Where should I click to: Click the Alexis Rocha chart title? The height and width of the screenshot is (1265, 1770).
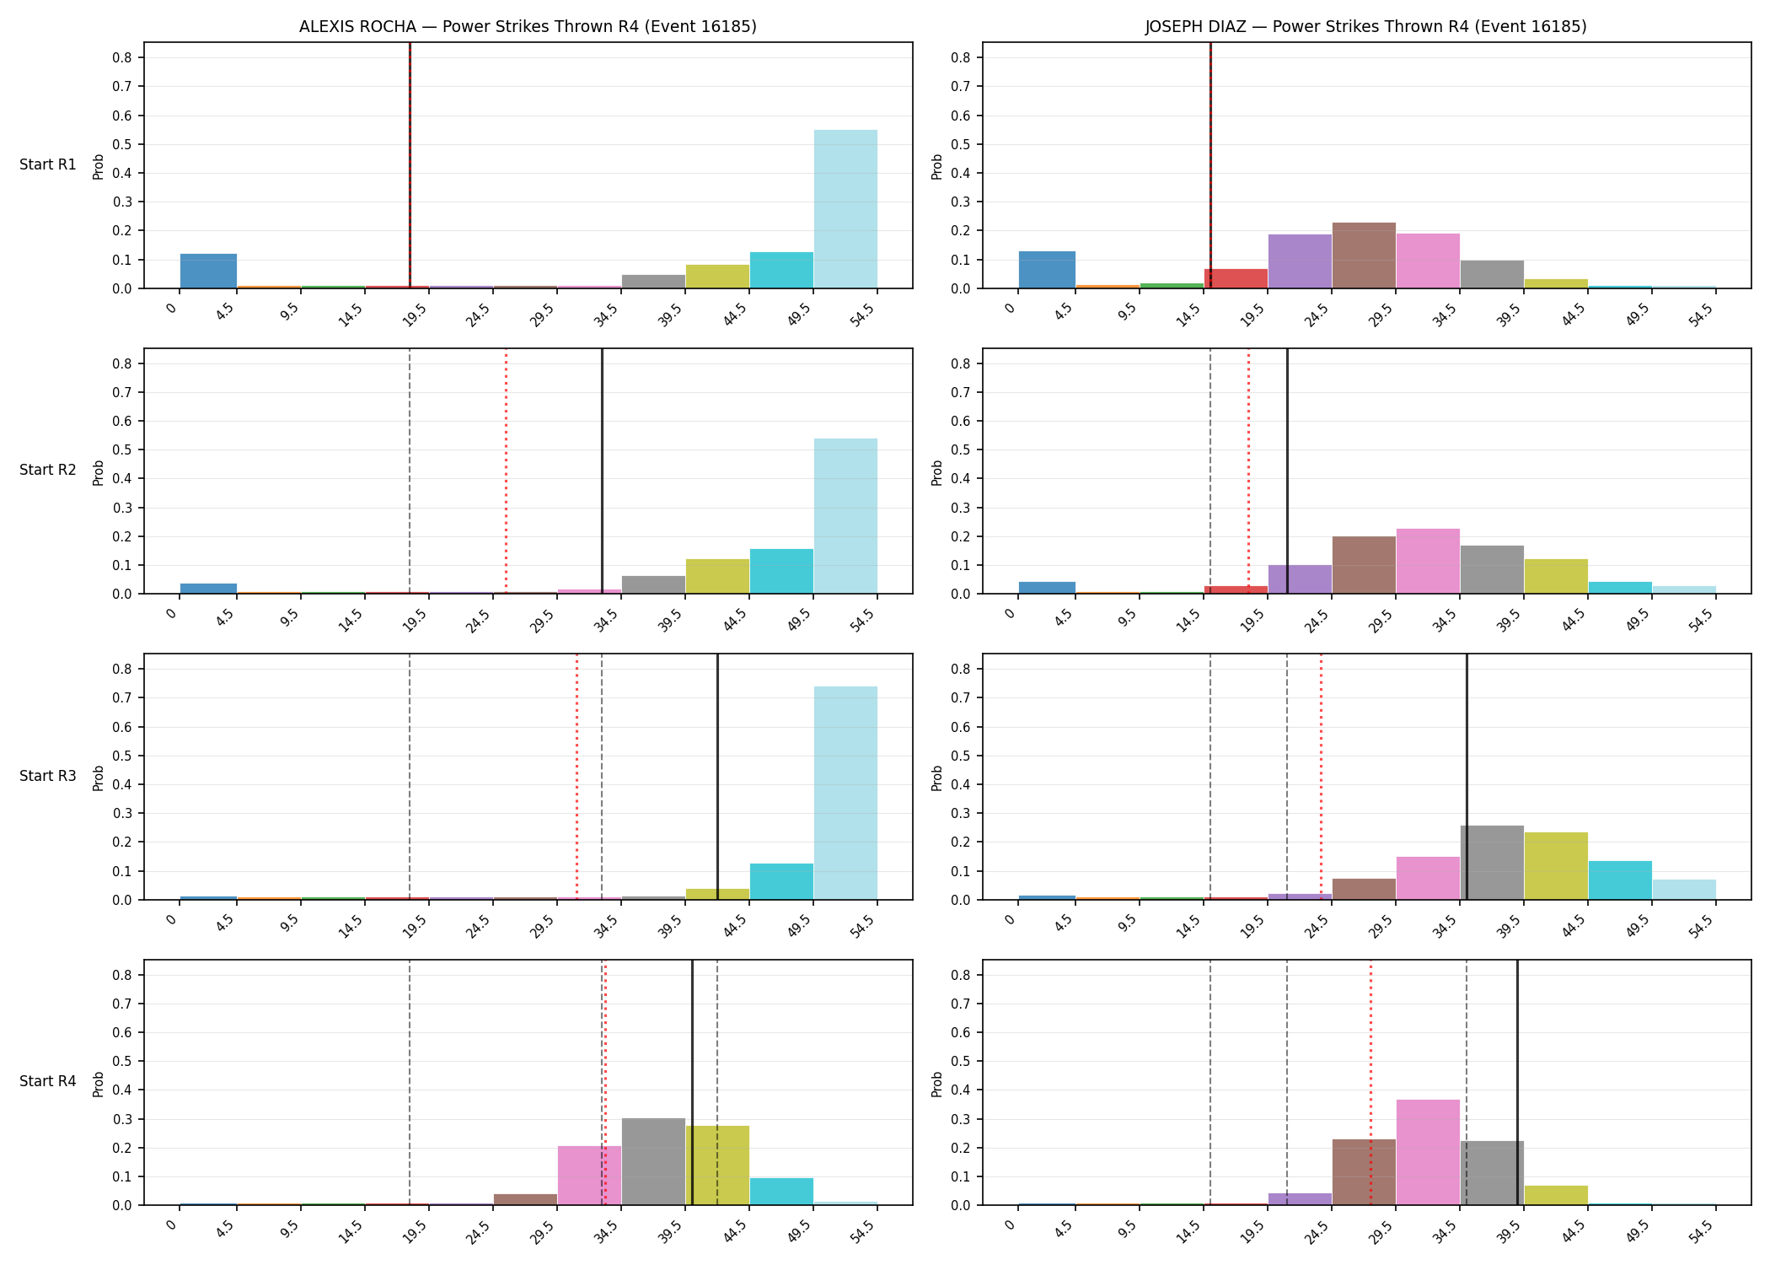point(528,26)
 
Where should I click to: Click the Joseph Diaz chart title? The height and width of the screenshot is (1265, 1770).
point(1365,26)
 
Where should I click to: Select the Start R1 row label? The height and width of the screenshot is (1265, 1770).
point(48,164)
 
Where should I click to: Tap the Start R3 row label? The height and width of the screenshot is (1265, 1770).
point(48,776)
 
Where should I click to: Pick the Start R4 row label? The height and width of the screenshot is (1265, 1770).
point(48,1081)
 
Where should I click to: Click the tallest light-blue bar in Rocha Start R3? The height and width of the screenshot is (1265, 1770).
point(845,793)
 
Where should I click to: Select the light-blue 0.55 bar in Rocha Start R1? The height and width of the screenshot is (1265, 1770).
point(845,209)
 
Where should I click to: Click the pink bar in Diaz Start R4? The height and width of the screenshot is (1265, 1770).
point(1428,1152)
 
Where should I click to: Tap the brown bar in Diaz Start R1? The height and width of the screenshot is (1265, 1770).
point(1364,256)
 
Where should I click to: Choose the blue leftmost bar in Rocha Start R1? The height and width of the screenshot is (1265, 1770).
point(208,271)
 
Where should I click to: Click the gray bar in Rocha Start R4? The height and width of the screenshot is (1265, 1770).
point(653,1161)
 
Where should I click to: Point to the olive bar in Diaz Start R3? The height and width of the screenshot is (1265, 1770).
point(1556,866)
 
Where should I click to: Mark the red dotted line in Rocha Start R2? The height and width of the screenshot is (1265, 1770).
point(506,471)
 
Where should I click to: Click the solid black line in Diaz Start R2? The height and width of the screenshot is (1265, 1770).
point(1287,471)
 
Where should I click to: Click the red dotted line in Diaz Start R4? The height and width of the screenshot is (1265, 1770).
point(1370,1083)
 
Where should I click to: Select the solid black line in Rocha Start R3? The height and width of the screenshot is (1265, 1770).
point(717,777)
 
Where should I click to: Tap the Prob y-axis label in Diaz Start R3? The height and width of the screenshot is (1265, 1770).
point(936,778)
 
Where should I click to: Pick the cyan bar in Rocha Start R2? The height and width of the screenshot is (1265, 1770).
point(781,572)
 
